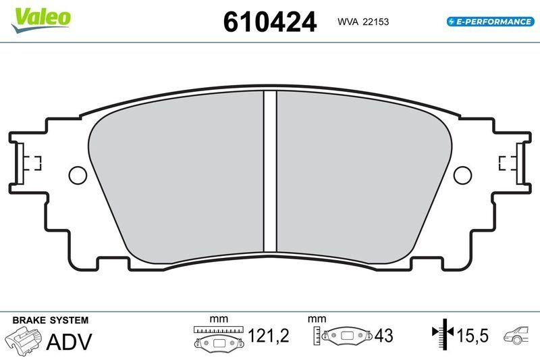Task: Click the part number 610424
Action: (269, 22)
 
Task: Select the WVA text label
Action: (348, 22)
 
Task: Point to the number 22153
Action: (376, 22)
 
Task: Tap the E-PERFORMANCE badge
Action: (490, 22)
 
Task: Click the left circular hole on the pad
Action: (78, 175)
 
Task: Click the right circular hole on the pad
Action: (462, 175)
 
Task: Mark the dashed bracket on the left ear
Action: (32, 162)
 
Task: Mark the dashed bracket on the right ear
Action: (506, 162)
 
